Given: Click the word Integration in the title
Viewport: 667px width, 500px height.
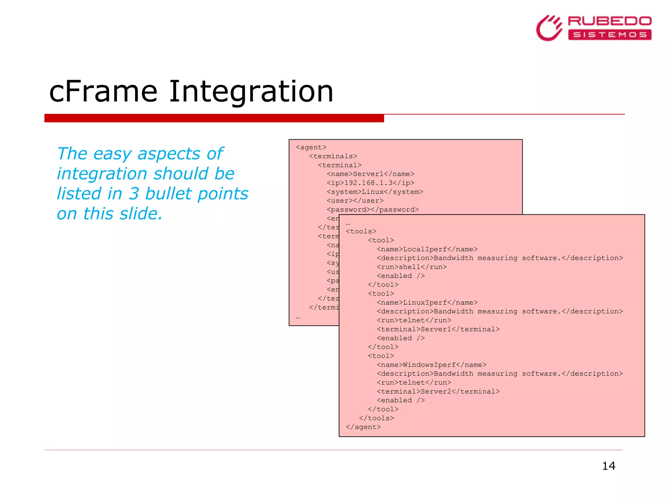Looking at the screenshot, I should pyautogui.click(x=251, y=92).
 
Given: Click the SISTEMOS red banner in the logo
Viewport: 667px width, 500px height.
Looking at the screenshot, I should pyautogui.click(x=609, y=35).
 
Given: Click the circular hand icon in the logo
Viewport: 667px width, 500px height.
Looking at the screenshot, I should pyautogui.click(x=549, y=28).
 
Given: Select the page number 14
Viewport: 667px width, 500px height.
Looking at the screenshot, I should pyautogui.click(x=608, y=466).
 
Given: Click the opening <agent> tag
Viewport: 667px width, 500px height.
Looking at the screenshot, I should pyautogui.click(x=311, y=147).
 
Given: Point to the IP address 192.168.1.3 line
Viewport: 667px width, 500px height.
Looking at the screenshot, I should pyautogui.click(x=371, y=183).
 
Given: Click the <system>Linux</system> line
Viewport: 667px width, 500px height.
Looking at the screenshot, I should pyautogui.click(x=375, y=192).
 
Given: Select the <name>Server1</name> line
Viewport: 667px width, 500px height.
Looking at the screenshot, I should pyautogui.click(x=371, y=174).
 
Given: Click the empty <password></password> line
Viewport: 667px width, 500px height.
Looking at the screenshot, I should pyautogui.click(x=373, y=210).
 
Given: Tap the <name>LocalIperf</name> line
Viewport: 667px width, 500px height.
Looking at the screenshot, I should pyautogui.click(x=427, y=249).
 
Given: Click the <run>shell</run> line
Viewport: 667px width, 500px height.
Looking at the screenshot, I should pyautogui.click(x=412, y=267).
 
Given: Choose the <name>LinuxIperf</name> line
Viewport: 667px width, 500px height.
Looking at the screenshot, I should pyautogui.click(x=427, y=303).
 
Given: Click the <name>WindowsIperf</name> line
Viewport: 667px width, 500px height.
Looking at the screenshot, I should pyautogui.click(x=432, y=365).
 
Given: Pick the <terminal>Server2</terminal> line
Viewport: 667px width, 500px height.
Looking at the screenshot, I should pyautogui.click(x=438, y=392).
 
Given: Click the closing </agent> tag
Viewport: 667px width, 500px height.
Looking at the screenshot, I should pyautogui.click(x=363, y=427).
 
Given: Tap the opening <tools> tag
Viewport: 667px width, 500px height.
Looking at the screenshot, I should pyautogui.click(x=361, y=231).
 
